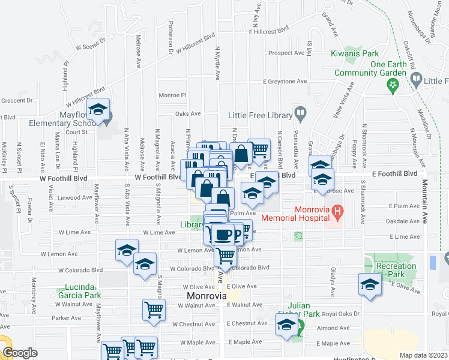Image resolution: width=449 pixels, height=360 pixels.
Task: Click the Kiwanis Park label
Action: point(354,53)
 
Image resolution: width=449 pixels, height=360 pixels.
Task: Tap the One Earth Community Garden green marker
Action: point(393,86)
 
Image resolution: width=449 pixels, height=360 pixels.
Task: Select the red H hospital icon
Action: point(337,211)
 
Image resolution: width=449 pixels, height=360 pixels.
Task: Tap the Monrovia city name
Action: point(206,296)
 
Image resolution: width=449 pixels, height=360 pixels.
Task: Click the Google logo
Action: point(20,353)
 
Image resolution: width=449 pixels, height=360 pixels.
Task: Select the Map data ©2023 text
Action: point(424,355)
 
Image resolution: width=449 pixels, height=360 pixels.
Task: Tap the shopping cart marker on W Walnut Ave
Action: point(154,310)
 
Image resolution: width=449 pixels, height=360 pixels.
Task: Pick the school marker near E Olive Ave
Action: point(370,285)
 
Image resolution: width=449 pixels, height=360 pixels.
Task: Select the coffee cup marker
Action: point(224,234)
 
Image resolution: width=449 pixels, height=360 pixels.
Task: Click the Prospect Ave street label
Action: point(288,53)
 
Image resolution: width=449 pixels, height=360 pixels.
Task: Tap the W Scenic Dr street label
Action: point(90,44)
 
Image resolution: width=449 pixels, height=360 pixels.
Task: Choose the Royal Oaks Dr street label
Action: point(340,313)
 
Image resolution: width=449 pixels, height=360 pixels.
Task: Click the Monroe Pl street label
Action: point(172,95)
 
